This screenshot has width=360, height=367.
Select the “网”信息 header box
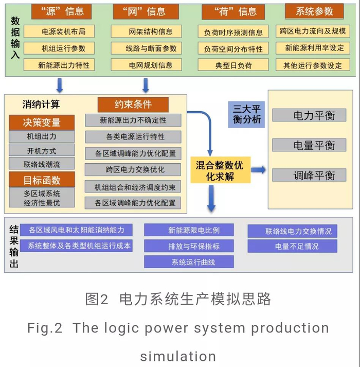click(147, 11)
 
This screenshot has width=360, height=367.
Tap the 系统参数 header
click(315, 11)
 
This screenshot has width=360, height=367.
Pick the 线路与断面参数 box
click(151, 48)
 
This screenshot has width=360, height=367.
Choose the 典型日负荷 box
click(233, 66)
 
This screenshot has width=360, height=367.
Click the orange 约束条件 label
click(133, 104)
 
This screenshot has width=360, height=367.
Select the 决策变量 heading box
click(42, 123)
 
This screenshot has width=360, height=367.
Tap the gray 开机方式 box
click(42, 151)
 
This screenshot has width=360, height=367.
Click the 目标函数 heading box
click(42, 180)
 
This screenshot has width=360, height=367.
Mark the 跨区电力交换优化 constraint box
click(133, 169)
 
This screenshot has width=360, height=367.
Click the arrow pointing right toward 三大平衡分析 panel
click(258, 170)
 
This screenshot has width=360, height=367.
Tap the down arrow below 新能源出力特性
click(60, 84)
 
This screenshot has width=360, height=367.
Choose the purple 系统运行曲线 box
click(189, 262)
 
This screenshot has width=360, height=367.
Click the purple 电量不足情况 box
click(292, 246)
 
